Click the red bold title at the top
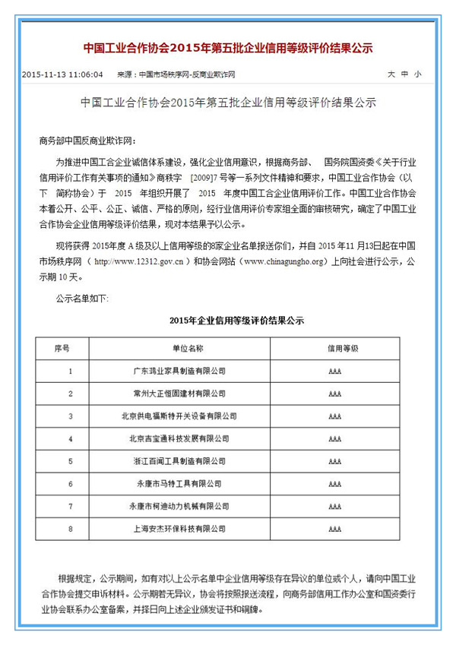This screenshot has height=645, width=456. point(228,47)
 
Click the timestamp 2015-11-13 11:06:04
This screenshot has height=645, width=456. point(62,74)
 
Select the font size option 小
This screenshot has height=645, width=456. point(417,74)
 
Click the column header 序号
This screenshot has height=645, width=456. point(62,348)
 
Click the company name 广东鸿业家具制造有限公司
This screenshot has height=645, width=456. point(179,371)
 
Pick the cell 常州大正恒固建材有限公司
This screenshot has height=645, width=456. point(179,394)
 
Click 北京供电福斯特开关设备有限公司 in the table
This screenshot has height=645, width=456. point(179,416)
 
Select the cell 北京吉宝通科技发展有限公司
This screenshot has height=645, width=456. point(179,438)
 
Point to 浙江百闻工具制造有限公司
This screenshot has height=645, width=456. point(179,460)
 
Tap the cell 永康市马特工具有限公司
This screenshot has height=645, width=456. point(179,483)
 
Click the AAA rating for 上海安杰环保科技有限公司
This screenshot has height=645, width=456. point(335,528)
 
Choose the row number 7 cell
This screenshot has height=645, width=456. point(70,505)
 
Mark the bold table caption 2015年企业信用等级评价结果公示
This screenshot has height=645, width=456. point(227,321)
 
